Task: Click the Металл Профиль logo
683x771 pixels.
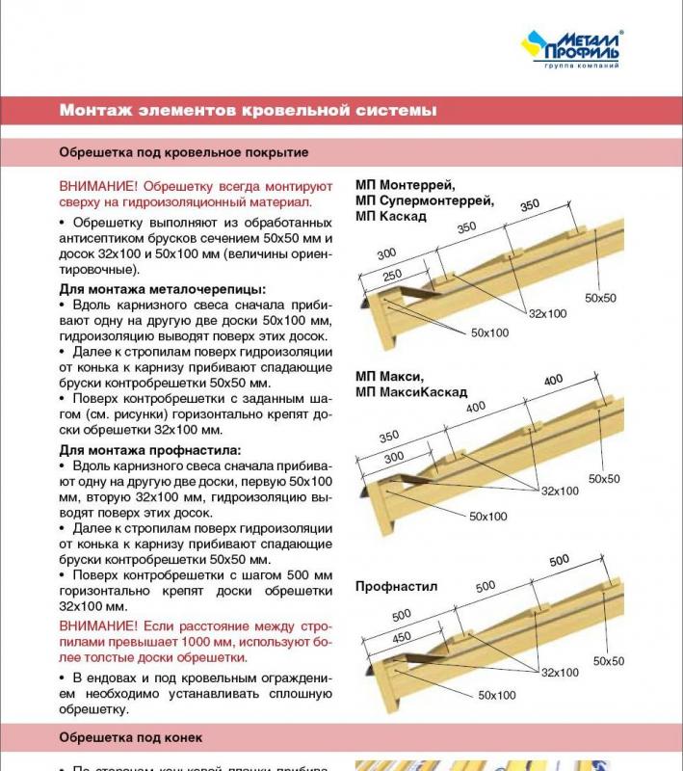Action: pos(571,48)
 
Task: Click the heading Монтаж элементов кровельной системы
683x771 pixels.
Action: pos(248,111)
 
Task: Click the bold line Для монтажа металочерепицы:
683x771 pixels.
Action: pos(162,289)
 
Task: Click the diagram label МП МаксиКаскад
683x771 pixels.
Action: pos(410,392)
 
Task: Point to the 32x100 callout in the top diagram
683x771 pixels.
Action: pos(546,314)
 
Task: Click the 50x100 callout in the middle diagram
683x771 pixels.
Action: pos(487,517)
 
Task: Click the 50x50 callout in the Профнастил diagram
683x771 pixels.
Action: pos(608,661)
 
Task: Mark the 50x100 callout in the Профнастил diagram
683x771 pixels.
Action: pos(496,695)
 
